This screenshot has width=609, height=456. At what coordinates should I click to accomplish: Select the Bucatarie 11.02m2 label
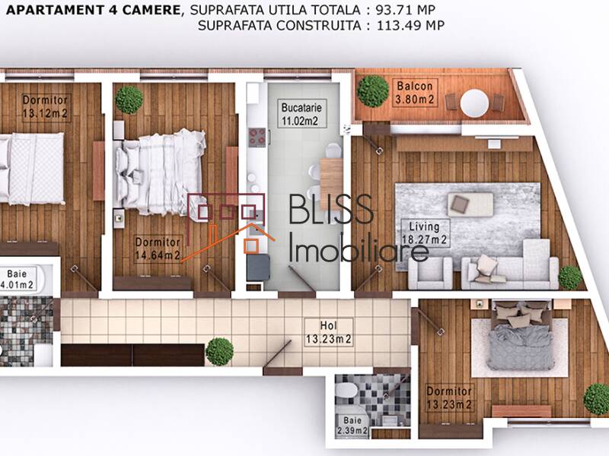[x=298, y=113]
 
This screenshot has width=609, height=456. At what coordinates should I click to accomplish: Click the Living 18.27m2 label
[x=426, y=232]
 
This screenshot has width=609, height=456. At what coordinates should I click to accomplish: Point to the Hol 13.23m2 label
[x=327, y=334]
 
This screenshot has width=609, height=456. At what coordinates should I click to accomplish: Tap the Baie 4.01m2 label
[x=17, y=279]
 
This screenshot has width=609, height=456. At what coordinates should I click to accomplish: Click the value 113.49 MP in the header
[x=409, y=24]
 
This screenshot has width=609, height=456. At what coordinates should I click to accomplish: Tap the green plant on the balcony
[x=373, y=90]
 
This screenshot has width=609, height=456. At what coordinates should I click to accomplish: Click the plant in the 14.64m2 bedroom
[x=129, y=100]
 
